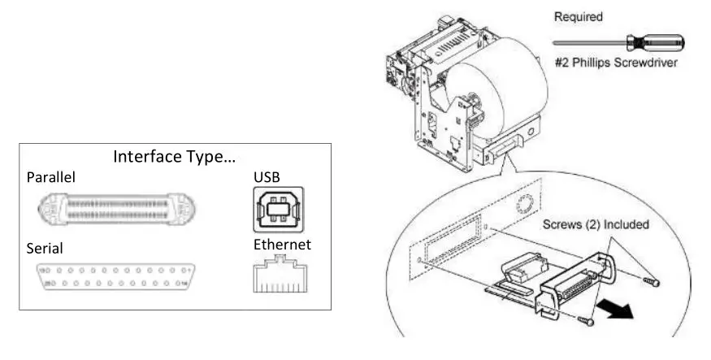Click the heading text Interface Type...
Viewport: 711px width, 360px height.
click(173, 157)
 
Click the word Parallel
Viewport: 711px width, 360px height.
click(51, 177)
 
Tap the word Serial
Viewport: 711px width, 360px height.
click(45, 248)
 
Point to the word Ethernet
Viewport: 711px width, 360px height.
click(281, 244)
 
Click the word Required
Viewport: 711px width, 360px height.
click(579, 16)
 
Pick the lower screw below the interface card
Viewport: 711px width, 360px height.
click(587, 319)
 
